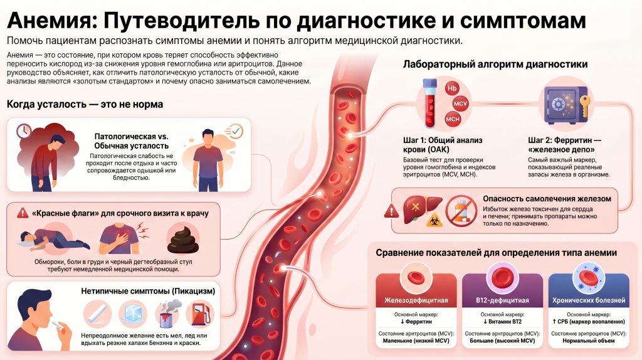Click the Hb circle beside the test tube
451,88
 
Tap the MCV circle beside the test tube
461,103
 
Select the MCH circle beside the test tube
453,119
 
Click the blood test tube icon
430,103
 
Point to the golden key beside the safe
585,105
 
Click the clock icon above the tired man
24,131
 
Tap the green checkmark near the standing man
236,132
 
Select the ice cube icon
133,314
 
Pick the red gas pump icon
200,314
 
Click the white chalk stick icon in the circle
97,314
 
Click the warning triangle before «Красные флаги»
23,213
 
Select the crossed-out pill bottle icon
461,211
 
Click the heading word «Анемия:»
52,20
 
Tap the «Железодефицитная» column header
416,300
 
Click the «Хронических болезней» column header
588,300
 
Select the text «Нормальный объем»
588,341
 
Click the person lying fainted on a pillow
53,239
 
